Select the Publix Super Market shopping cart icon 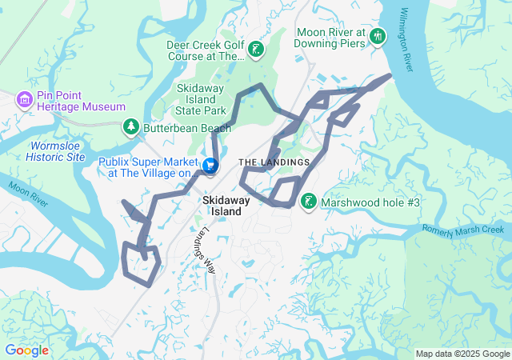[x=210, y=166]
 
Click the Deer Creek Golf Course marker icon [x=255, y=50]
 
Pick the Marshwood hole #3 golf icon [x=308, y=202]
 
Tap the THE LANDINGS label [x=274, y=162]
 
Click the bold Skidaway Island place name [x=227, y=205]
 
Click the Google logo [x=26, y=350]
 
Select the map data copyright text [x=462, y=354]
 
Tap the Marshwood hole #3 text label [x=370, y=203]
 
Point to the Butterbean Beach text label [x=176, y=127]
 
